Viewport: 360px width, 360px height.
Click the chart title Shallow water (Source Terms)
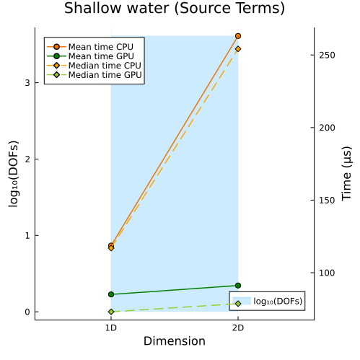(175, 8)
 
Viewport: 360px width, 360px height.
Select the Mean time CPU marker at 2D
(238, 36)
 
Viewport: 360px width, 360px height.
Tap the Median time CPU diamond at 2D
(238, 49)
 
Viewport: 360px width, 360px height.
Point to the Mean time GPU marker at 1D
(111, 294)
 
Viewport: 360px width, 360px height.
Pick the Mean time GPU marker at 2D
(238, 286)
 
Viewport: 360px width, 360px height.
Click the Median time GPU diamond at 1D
(111, 312)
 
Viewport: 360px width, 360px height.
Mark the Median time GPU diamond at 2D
(238, 304)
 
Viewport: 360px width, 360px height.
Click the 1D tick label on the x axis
(111, 328)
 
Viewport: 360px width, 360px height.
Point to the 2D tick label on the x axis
(238, 328)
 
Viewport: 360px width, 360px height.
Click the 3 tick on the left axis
(27, 83)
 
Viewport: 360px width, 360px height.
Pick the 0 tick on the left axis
(27, 312)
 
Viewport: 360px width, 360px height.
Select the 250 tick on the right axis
(327, 55)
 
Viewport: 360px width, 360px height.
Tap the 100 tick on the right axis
(327, 273)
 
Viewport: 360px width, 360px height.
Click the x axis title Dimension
(175, 341)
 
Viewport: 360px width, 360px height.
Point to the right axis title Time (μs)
(346, 173)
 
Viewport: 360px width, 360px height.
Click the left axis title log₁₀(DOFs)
(14, 174)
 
